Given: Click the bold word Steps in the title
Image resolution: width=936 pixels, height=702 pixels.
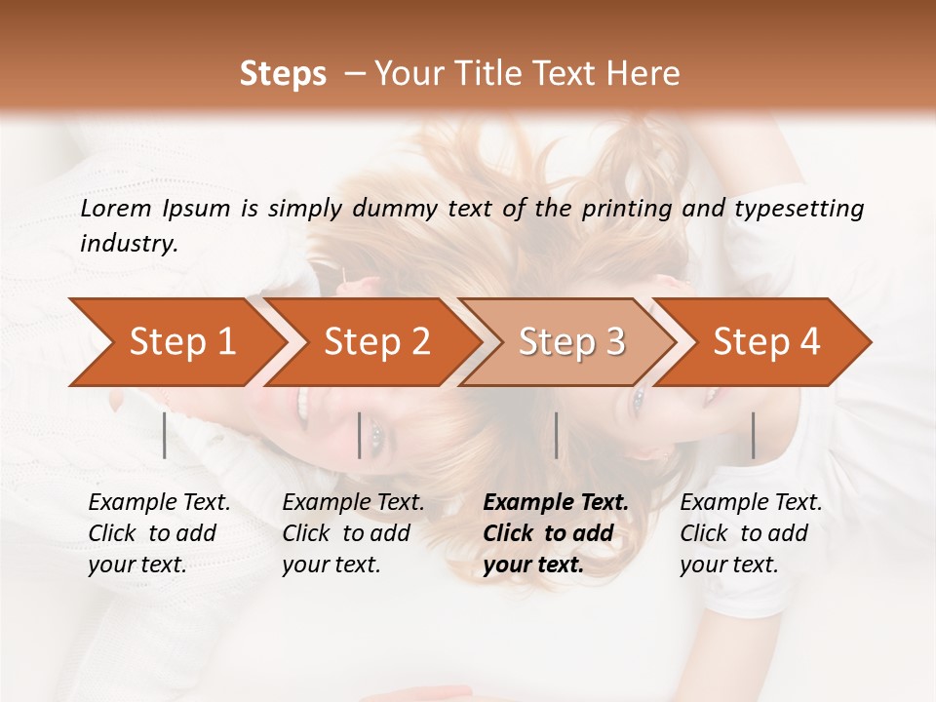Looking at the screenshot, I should tap(283, 73).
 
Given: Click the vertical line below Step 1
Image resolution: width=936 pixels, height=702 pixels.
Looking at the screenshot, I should tap(165, 435).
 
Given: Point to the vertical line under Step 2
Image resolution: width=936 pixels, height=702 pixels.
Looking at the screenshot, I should tap(360, 435).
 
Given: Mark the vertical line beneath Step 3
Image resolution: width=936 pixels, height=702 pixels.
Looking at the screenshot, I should tap(556, 435).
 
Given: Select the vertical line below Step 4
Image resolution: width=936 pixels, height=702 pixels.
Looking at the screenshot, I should tap(753, 435).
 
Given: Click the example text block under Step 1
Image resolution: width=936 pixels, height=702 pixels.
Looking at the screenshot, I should tap(159, 533).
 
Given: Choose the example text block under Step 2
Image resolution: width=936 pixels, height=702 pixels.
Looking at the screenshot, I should tap(353, 533).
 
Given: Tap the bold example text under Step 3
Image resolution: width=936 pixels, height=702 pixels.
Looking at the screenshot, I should tap(556, 533).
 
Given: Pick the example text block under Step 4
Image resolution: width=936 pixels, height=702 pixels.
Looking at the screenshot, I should tap(751, 533).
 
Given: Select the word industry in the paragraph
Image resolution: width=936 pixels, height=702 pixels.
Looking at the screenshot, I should tap(129, 244).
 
